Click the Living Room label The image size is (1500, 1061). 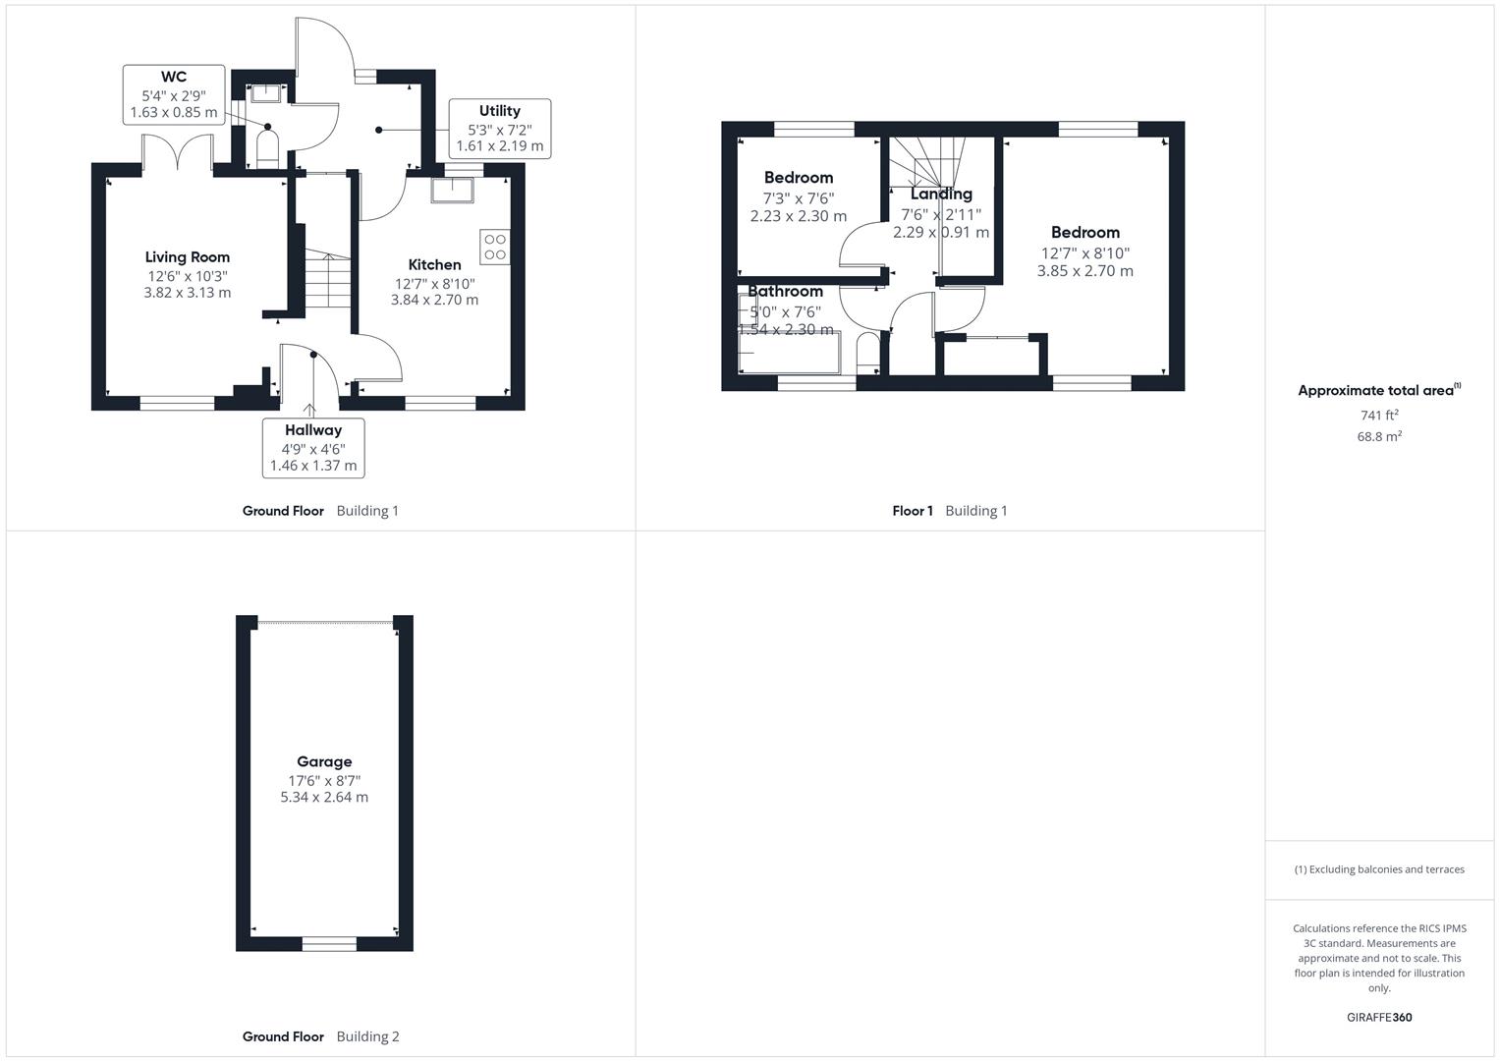(x=188, y=257)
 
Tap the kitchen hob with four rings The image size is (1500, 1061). (x=495, y=247)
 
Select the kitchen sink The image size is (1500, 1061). (x=454, y=190)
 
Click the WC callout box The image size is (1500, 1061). (x=174, y=94)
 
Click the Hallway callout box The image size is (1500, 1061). (x=313, y=448)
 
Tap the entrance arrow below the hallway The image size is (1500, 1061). (x=310, y=410)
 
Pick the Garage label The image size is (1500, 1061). (x=324, y=761)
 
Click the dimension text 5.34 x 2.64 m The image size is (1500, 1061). (x=324, y=798)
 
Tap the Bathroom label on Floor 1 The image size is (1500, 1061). (x=785, y=291)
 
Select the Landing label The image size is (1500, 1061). (x=941, y=195)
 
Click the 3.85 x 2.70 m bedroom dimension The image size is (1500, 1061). (x=1084, y=271)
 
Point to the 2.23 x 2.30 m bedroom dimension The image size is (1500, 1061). (x=798, y=216)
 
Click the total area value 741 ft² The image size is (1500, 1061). (x=1379, y=416)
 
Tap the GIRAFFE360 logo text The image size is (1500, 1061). (x=1379, y=1018)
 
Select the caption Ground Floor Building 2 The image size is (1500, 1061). (x=321, y=1036)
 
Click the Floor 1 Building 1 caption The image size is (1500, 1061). (x=949, y=511)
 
